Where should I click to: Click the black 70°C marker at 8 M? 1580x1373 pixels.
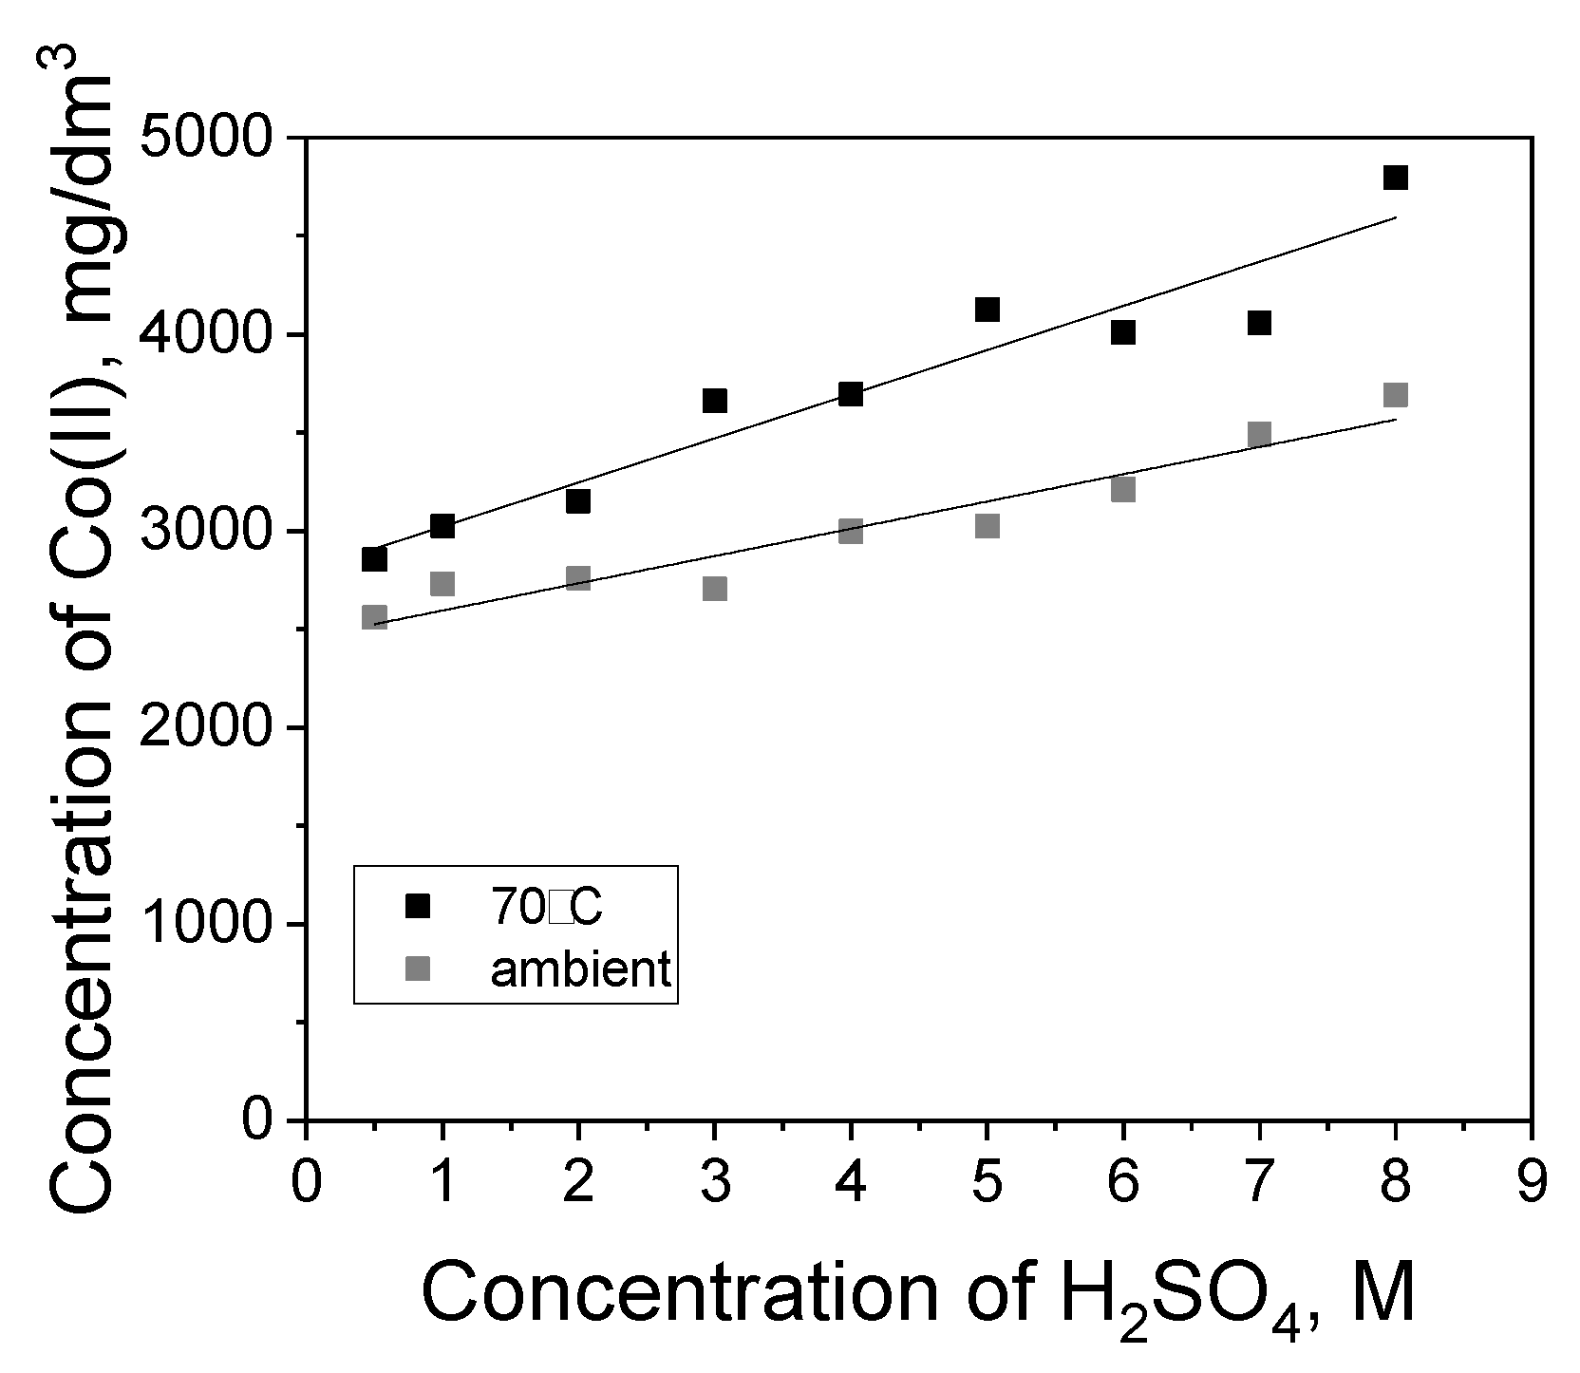[x=1395, y=178]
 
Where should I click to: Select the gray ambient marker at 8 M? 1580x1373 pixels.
[x=1395, y=395]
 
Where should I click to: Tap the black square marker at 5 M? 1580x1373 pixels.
[x=987, y=310]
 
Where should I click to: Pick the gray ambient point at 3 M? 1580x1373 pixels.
[x=715, y=589]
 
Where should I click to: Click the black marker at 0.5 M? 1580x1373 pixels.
[x=374, y=559]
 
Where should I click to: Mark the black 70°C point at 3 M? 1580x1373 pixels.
[x=715, y=401]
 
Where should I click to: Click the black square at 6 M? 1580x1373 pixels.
[x=1123, y=332]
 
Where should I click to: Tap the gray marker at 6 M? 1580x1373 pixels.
[x=1123, y=489]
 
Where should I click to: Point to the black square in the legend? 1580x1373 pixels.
[x=418, y=907]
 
